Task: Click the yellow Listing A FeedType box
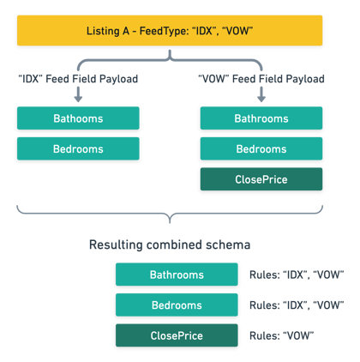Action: coord(170,31)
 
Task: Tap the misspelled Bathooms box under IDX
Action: coord(78,118)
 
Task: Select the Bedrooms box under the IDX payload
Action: coord(78,148)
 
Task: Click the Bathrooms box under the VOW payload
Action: coord(261,118)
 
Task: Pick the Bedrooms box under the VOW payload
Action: coord(261,148)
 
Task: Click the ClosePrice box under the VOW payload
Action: coord(261,179)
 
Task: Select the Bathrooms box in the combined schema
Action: coord(177,275)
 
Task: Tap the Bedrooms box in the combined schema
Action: coord(177,305)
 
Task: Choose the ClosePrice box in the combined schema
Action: coord(177,335)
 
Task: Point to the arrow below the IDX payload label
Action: coord(78,94)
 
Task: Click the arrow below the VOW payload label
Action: coord(261,94)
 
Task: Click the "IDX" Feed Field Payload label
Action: coord(78,79)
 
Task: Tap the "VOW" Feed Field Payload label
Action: coord(261,79)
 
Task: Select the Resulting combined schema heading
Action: coord(170,244)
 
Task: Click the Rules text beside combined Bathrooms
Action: coord(297,275)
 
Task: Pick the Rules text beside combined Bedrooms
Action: coord(297,305)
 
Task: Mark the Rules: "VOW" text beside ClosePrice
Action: coord(282,335)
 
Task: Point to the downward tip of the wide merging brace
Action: coord(170,222)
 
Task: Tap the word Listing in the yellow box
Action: coord(103,31)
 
